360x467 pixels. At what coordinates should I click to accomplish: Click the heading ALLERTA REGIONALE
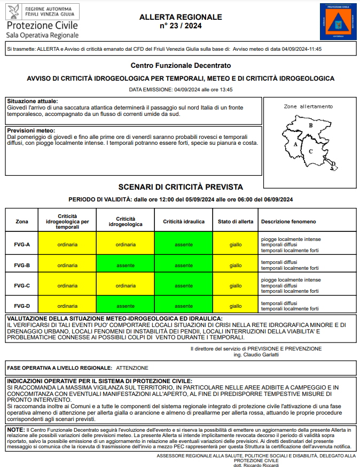(181, 17)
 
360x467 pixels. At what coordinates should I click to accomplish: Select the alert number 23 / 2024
(181, 26)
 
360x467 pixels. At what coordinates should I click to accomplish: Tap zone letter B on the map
(311, 126)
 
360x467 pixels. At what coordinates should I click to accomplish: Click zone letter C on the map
(310, 151)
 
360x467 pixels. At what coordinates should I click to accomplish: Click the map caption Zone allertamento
(308, 106)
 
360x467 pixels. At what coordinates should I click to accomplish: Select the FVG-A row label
(22, 245)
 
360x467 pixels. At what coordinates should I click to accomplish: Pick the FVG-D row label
(22, 306)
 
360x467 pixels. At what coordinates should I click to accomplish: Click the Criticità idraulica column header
(184, 221)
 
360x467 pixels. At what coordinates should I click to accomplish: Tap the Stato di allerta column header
(236, 221)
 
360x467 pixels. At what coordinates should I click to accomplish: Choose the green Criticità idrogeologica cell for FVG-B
(126, 265)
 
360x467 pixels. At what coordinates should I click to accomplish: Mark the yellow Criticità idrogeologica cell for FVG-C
(126, 285)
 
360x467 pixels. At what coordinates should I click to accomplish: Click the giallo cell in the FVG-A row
(236, 245)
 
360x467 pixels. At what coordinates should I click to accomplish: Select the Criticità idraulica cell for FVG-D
(184, 306)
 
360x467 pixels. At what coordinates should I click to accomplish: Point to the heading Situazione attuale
(33, 101)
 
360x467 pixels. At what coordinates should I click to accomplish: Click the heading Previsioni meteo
(31, 130)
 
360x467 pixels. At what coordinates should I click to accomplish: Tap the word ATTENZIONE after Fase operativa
(132, 368)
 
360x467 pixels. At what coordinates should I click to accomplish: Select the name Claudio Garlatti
(263, 354)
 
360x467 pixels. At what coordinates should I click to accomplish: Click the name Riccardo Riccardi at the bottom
(263, 465)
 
